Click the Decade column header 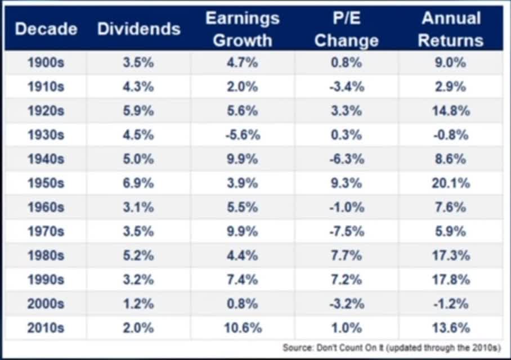point(46,29)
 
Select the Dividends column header point(138,29)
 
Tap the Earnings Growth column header point(243,29)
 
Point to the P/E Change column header point(346,29)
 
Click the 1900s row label point(46,63)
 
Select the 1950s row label point(46,183)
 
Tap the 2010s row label point(46,328)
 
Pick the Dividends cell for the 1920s point(138,111)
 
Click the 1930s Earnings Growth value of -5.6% point(243,135)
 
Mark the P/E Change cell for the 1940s point(346,159)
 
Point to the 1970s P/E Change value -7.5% point(346,231)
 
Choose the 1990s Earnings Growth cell point(243,280)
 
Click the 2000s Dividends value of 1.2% point(138,304)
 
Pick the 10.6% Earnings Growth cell point(243,328)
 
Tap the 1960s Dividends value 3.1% point(138,208)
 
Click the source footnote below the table point(392,348)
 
